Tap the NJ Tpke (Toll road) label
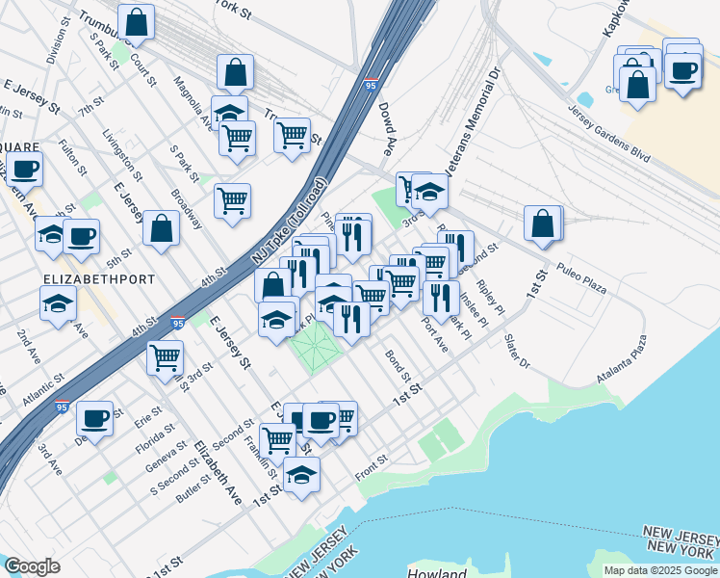point(289,223)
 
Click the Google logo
point(32,566)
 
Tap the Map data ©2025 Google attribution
point(659,570)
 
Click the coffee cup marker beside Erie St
point(95,418)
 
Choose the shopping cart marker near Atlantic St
point(165,357)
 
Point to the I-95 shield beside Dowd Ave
point(372,85)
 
